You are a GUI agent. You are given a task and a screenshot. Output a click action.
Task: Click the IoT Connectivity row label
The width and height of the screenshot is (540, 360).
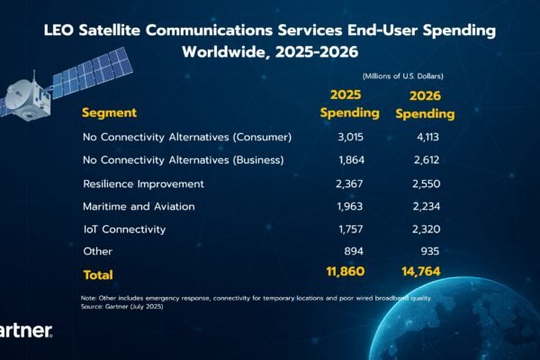tap(124, 229)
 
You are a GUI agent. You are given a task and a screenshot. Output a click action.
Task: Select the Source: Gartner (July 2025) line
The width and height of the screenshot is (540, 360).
tap(126, 308)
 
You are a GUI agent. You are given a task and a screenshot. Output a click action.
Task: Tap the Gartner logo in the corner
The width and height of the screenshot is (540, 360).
tap(25, 331)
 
